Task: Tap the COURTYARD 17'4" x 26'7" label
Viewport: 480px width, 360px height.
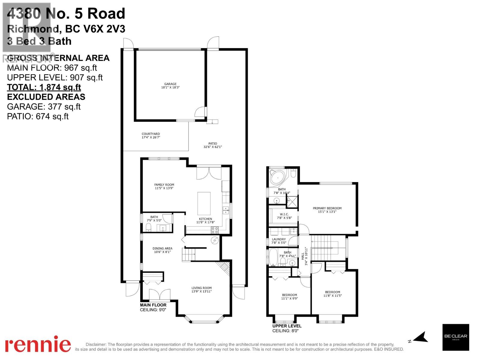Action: coord(151,136)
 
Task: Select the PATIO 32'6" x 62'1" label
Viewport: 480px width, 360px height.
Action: coord(212,145)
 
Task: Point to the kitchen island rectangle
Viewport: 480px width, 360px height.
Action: coord(204,203)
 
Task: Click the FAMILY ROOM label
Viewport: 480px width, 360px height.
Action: coord(164,187)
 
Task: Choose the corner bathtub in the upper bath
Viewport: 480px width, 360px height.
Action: coord(278,177)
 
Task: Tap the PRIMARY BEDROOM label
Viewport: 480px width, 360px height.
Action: coord(327,210)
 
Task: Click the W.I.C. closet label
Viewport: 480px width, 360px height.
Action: coord(284,216)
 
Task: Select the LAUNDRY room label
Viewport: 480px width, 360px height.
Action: coord(279,241)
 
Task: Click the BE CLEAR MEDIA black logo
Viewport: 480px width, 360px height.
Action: coord(455,337)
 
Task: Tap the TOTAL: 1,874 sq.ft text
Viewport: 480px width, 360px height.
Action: coord(44,87)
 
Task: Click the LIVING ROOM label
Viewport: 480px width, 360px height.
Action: coord(202,289)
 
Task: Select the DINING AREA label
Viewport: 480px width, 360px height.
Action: coord(162,250)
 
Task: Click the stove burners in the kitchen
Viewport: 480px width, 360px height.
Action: coord(214,230)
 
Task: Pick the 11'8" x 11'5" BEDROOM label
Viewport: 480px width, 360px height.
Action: coord(332,294)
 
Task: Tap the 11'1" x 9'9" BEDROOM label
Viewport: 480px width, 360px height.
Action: coord(289,297)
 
